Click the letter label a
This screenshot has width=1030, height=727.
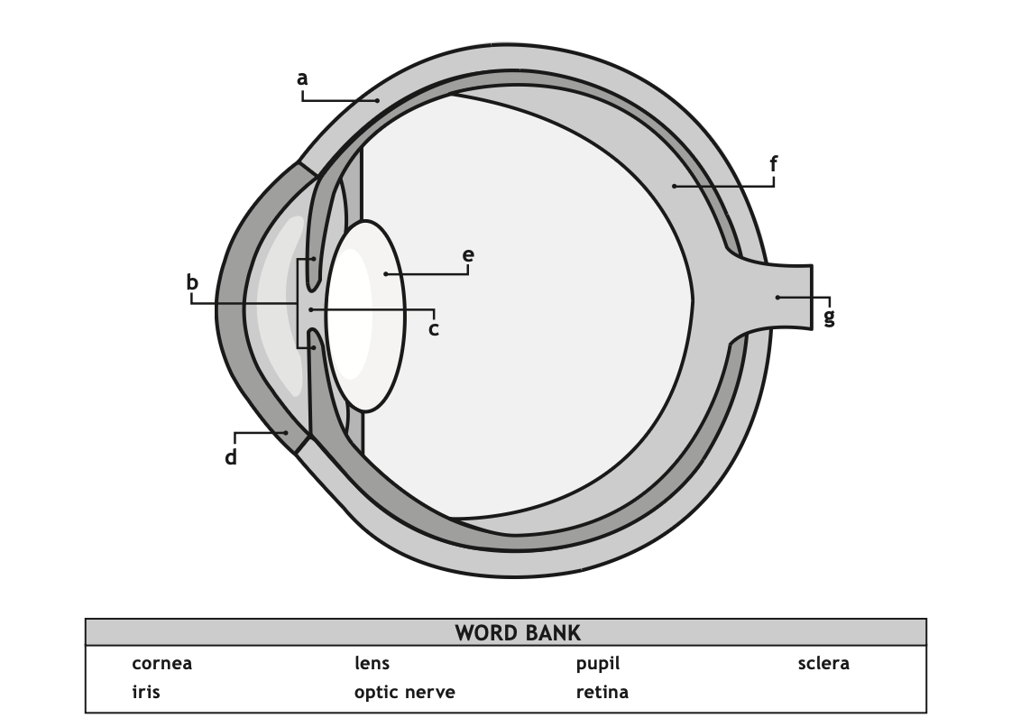(302, 78)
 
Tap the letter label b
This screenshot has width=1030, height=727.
(192, 281)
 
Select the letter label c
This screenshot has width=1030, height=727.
(434, 329)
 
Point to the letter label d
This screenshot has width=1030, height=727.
(231, 456)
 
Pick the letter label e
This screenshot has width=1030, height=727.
(468, 255)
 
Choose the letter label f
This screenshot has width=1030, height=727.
(774, 163)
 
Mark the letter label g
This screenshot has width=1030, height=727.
(829, 317)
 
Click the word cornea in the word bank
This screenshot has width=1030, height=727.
(161, 663)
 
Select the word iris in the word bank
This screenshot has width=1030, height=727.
(146, 692)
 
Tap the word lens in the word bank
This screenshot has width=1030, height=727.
(372, 663)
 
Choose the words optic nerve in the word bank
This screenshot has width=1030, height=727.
(405, 692)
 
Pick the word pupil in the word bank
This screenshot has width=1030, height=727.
(598, 664)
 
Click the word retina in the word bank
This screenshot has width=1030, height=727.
(602, 692)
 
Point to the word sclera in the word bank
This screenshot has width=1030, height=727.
(823, 663)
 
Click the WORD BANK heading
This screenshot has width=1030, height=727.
(518, 633)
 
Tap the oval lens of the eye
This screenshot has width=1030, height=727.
(365, 317)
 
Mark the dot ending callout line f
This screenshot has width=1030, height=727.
(674, 187)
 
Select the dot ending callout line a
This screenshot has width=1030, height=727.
(378, 100)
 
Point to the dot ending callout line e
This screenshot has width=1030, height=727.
(386, 274)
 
